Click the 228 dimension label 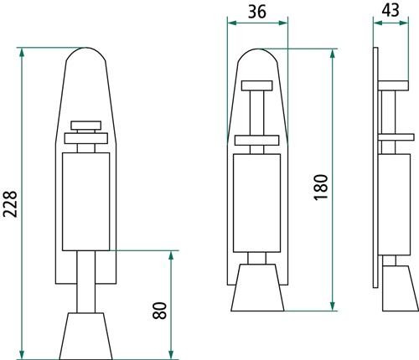pos(10,204)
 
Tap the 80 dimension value pos(160,311)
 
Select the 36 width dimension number pos(257,12)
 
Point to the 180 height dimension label pos(321,187)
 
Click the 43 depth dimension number pos(391,11)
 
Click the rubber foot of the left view pos(85,336)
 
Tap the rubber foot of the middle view pos(257,287)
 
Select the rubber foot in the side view pos(401,288)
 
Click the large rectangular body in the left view pos(86,202)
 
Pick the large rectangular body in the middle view pos(256,203)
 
